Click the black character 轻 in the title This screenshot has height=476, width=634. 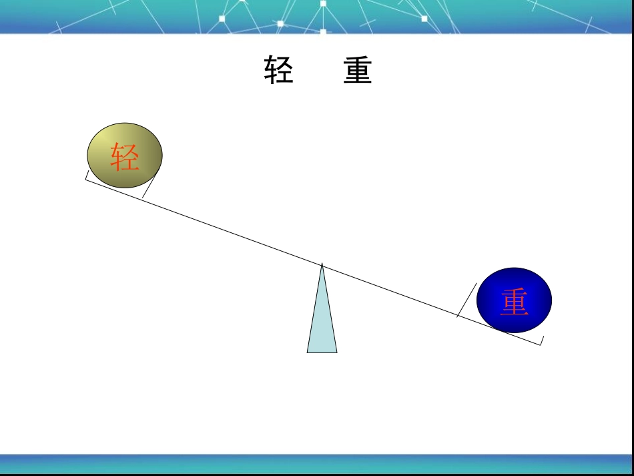coord(278,70)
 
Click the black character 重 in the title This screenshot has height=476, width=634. coord(358,70)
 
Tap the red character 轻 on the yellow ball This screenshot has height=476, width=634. coord(125,157)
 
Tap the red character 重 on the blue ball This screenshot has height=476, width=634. coord(515,302)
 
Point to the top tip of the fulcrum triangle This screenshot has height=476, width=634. coord(322,264)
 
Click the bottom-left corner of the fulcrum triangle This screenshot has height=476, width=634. coord(308,352)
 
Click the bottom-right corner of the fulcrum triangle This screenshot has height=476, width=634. coord(337,352)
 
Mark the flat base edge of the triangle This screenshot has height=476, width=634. coord(322,352)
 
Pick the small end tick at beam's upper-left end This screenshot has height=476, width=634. coord(87,176)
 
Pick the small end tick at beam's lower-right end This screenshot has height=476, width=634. coord(541,340)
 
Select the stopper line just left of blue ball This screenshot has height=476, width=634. coord(466,300)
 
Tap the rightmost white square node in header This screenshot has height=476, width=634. coord(424,19)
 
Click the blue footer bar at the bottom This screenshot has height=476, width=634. coord(317,463)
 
